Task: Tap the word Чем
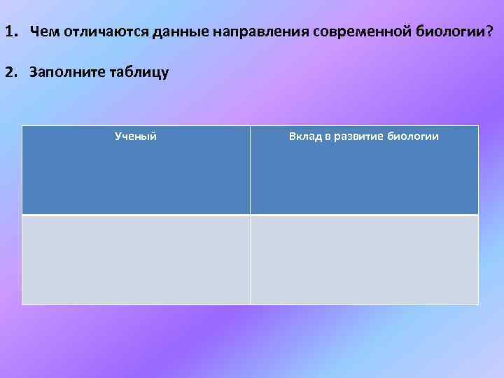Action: [43, 32]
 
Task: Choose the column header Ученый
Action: [135, 136]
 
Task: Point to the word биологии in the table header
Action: [414, 136]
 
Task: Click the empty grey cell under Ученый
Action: [135, 260]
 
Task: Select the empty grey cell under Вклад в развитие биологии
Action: [364, 260]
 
